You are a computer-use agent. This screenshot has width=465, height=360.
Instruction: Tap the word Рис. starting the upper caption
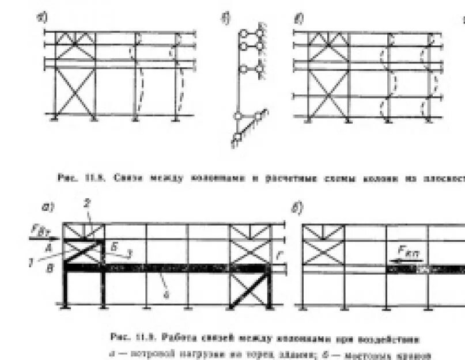65,178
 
